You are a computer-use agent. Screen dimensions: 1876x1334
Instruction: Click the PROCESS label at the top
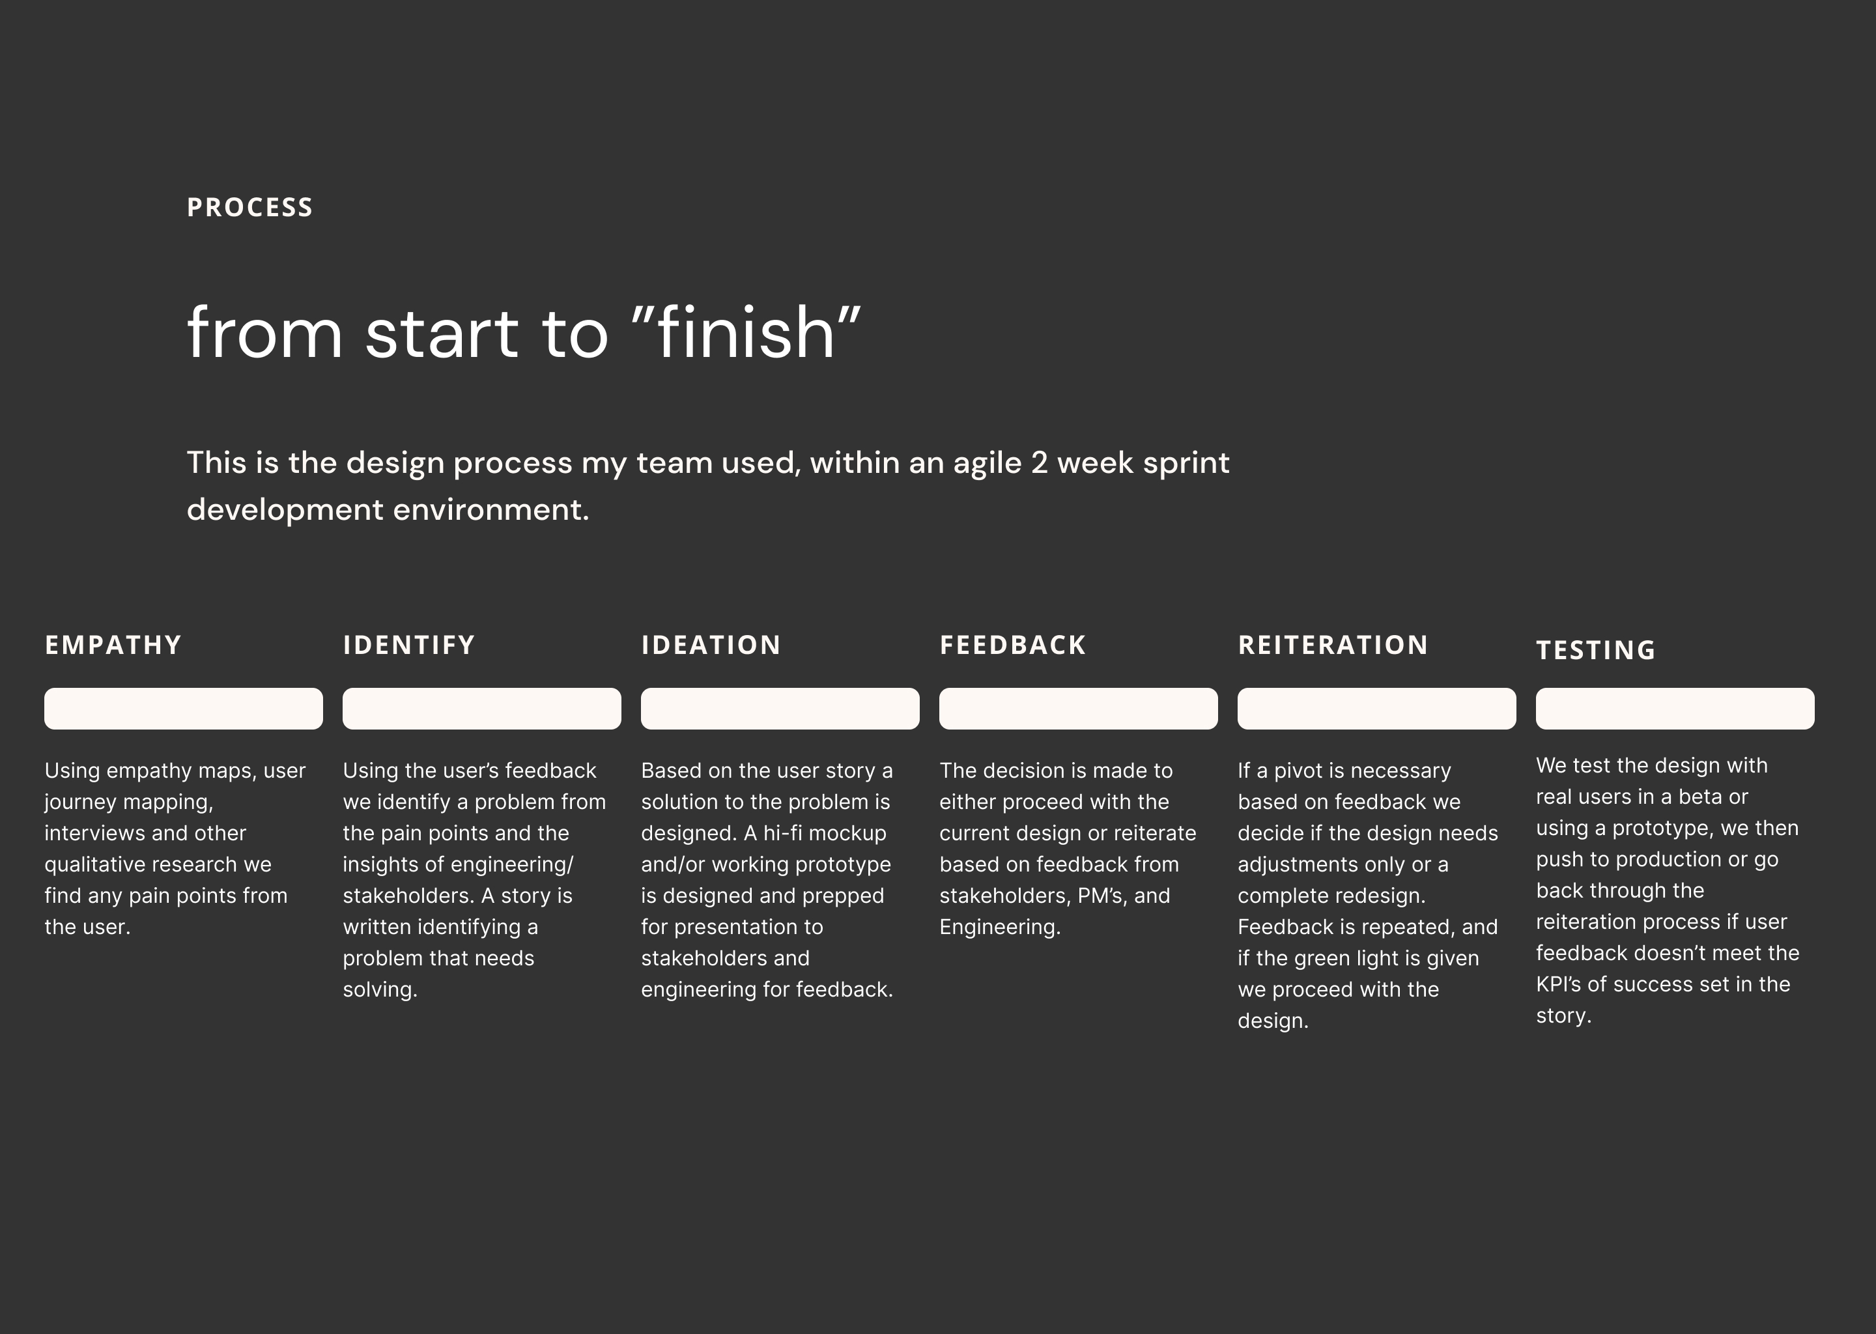pyautogui.click(x=249, y=207)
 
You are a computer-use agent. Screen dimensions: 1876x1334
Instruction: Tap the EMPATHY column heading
pyautogui.click(x=113, y=645)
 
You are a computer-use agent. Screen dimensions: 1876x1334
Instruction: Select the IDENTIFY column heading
pyautogui.click(x=409, y=645)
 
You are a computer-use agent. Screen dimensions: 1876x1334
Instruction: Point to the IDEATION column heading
pyautogui.click(x=711, y=645)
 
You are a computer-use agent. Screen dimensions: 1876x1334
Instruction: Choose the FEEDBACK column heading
pyautogui.click(x=1013, y=645)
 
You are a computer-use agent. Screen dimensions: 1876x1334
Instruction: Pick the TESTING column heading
pyautogui.click(x=1596, y=650)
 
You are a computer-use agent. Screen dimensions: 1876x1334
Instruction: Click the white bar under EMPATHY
pyautogui.click(x=183, y=708)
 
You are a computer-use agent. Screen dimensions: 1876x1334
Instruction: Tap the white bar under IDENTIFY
pyautogui.click(x=481, y=708)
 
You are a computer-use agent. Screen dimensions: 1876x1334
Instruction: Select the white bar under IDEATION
pyautogui.click(x=780, y=708)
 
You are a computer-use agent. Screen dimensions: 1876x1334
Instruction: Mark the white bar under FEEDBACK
pyautogui.click(x=1079, y=708)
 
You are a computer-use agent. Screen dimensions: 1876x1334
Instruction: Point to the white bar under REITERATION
pyautogui.click(x=1376, y=708)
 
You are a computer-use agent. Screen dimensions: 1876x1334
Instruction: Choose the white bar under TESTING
pyautogui.click(x=1675, y=708)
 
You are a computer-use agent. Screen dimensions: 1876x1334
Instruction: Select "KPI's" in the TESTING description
pyautogui.click(x=1558, y=984)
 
